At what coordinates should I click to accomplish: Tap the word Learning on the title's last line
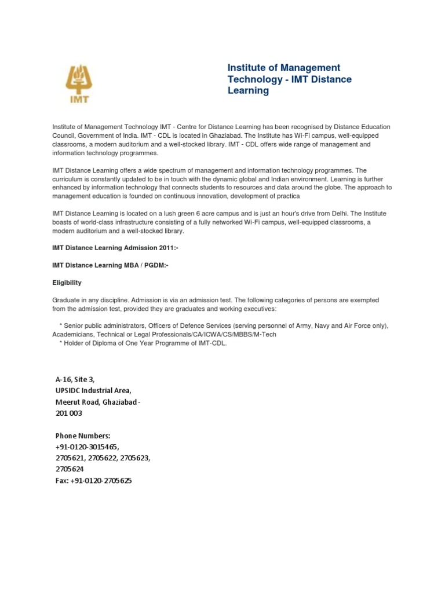pos(248,91)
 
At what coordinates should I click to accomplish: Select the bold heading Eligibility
pos(67,283)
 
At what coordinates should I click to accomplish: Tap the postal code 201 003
pos(69,413)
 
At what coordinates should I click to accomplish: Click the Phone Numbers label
pos(83,435)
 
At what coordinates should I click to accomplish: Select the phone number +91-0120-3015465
pos(87,447)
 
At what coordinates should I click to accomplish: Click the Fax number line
pos(93,481)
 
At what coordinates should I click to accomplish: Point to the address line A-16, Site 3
pos(75,379)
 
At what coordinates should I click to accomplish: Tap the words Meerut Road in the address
pos(75,402)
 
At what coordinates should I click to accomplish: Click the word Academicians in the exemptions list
pos(74,335)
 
